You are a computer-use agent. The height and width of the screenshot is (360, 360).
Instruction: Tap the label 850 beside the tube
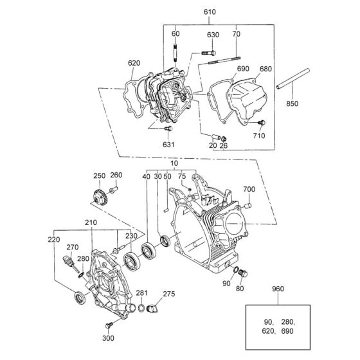pos(292,104)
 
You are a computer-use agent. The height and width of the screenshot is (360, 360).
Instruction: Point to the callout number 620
pos(134,63)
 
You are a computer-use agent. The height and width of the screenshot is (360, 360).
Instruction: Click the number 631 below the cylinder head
pos(168,145)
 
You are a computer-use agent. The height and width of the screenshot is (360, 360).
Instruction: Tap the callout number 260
pos(116,175)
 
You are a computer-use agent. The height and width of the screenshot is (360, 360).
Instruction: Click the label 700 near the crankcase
pos(249,189)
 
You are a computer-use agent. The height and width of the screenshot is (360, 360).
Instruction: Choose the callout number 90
pos(226,283)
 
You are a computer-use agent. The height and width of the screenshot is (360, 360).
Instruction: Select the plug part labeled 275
pos(154,310)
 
